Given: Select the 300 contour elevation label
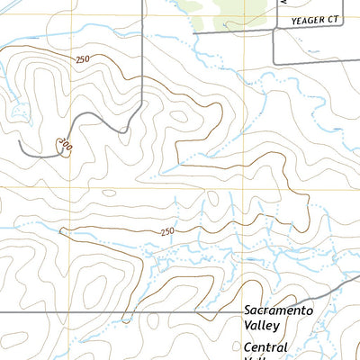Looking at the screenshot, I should [x=63, y=144].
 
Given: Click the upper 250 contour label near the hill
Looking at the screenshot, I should [x=83, y=59].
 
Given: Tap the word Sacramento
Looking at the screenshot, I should [x=278, y=310].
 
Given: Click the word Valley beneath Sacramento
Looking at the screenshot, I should [x=263, y=326].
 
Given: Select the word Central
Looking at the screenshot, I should [x=265, y=347].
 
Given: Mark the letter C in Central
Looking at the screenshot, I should [x=247, y=347].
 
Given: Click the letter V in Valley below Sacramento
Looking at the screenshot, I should [x=247, y=326].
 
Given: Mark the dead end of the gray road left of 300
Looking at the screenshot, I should [x=19, y=142].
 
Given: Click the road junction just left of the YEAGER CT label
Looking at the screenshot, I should [x=274, y=30].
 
